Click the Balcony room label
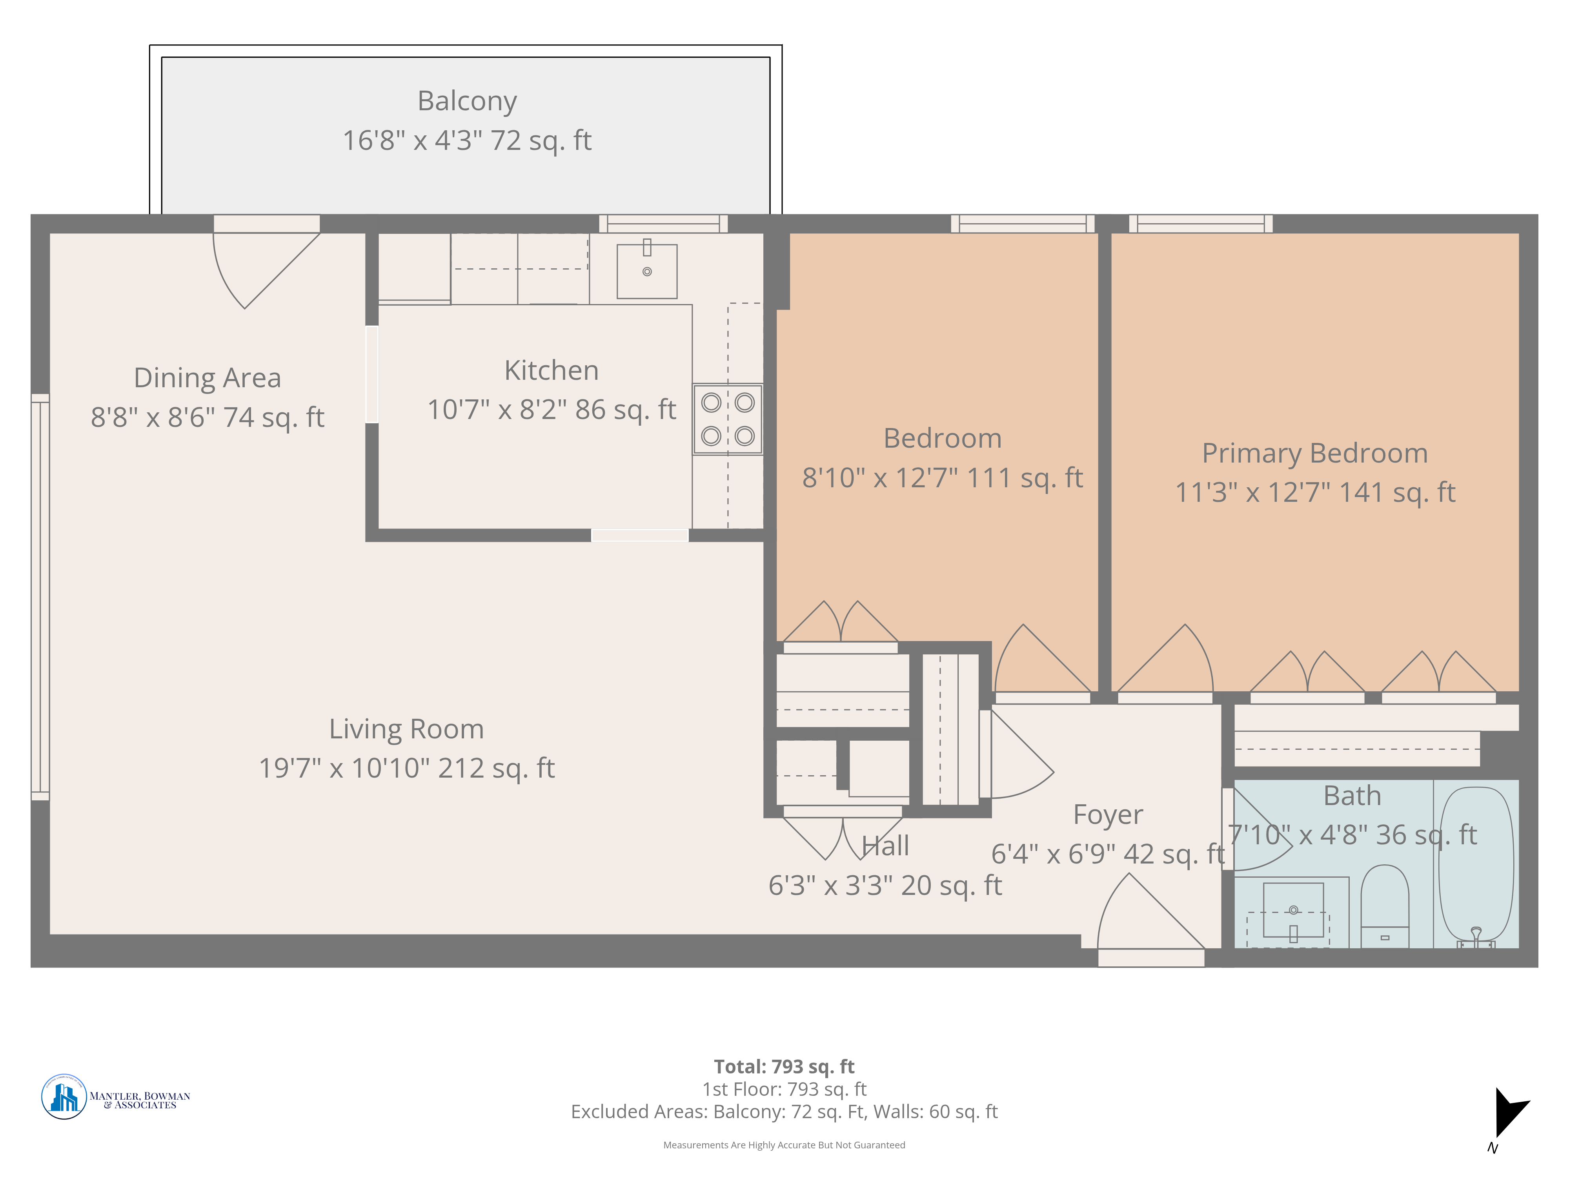467,101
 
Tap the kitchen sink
647,271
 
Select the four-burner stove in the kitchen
728,419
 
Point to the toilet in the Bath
1385,906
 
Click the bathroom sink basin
1294,910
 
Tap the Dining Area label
207,377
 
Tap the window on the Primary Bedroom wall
1200,224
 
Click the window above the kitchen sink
663,224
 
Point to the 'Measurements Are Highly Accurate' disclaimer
784,1145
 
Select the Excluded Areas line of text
784,1112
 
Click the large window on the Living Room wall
40,598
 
